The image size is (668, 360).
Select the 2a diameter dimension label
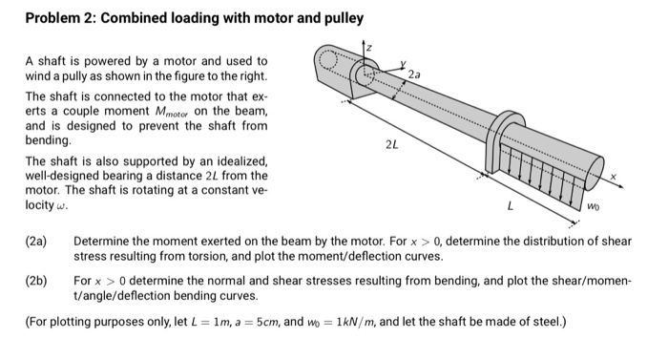click(413, 74)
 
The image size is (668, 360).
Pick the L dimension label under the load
click(511, 203)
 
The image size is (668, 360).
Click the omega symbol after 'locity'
click(60, 207)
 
